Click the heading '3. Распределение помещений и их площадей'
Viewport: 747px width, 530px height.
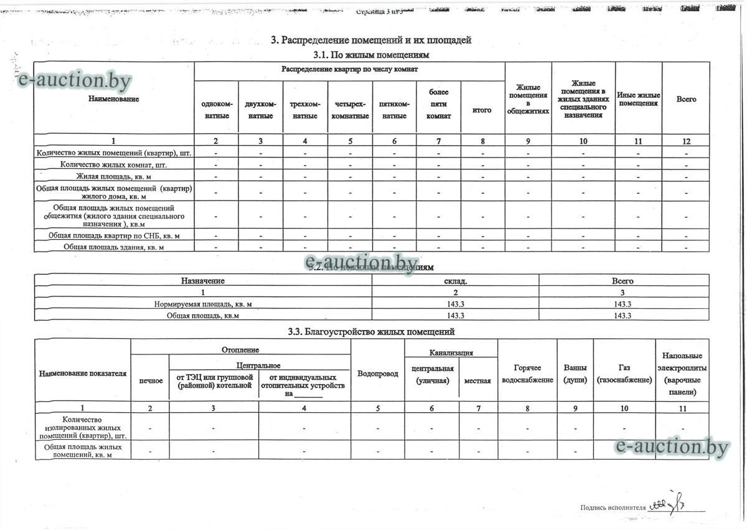pos(371,40)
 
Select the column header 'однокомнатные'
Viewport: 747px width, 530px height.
pos(217,110)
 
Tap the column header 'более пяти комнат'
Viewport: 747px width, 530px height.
pos(438,104)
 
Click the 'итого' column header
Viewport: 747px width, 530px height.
pos(482,110)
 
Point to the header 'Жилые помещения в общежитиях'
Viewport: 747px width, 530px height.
pos(527,100)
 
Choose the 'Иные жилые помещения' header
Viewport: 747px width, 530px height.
pos(638,99)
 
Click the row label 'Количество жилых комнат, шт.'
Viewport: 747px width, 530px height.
pos(114,164)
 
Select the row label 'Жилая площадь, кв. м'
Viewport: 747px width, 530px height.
pos(114,177)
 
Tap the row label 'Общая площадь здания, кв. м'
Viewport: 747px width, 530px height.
pos(114,247)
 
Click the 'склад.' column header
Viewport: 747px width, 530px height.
pos(456,281)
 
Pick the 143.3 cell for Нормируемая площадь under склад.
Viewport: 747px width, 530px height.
pos(456,304)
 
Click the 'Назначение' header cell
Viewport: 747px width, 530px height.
pos(203,281)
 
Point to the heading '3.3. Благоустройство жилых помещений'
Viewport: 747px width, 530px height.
pos(372,332)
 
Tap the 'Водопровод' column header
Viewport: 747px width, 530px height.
pos(378,374)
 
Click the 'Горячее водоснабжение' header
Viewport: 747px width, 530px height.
pos(527,374)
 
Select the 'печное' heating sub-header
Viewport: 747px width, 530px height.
pos(151,380)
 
